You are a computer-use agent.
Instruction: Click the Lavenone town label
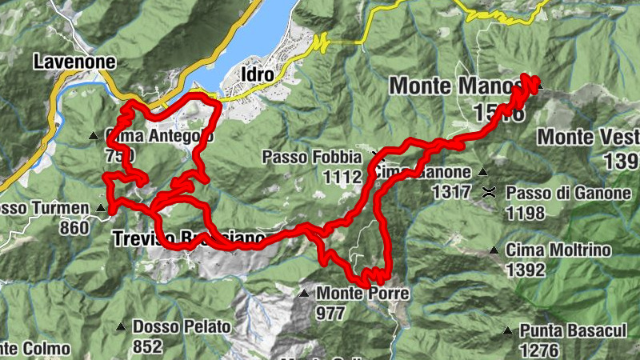tap(74, 61)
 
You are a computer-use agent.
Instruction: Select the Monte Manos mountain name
tap(458, 86)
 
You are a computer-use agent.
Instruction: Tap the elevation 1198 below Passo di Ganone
tap(525, 213)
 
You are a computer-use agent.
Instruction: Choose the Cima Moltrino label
tap(558, 250)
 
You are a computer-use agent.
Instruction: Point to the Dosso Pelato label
tap(182, 326)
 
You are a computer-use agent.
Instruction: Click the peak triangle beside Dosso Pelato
tap(120, 326)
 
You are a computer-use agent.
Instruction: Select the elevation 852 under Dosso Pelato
tap(148, 346)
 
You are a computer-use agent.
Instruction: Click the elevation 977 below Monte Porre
tap(331, 312)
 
